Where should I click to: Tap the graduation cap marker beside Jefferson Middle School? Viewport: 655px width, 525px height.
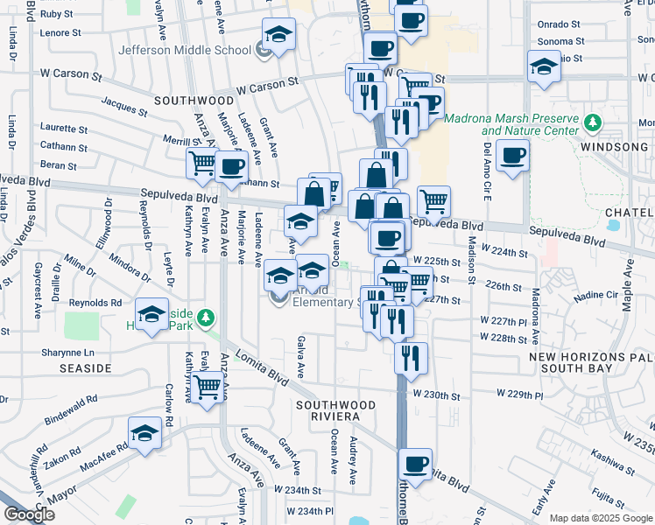[x=279, y=37]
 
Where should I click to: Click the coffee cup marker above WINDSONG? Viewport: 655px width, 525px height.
[x=512, y=157]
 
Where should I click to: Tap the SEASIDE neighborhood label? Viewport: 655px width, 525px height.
[x=85, y=368]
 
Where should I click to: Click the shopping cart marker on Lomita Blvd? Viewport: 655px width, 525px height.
[x=208, y=387]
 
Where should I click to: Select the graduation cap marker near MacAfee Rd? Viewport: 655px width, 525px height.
[x=145, y=434]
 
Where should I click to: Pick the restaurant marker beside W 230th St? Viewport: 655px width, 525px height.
[x=409, y=357]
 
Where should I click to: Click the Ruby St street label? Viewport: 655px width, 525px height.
[x=57, y=14]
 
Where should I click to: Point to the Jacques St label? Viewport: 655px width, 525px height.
[x=123, y=108]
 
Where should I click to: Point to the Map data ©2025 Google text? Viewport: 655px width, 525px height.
[x=601, y=518]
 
